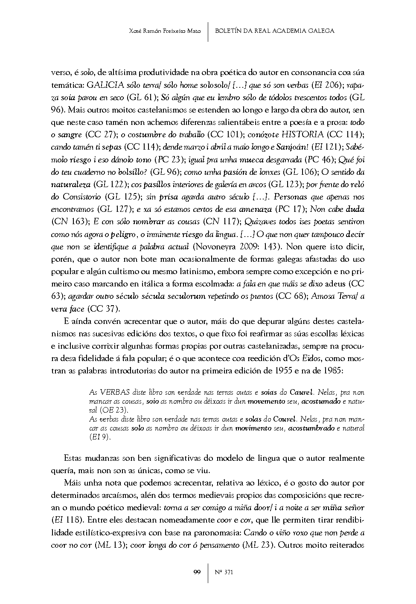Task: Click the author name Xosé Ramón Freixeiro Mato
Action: (x=164, y=31)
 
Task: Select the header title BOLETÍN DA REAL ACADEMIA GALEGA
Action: (x=275, y=31)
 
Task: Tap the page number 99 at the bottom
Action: (x=197, y=572)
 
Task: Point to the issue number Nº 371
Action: (x=223, y=572)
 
